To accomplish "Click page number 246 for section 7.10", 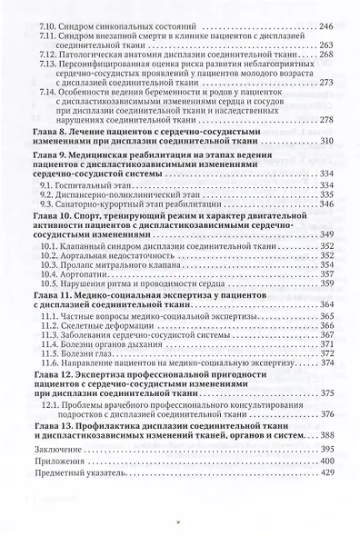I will click(324, 30).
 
